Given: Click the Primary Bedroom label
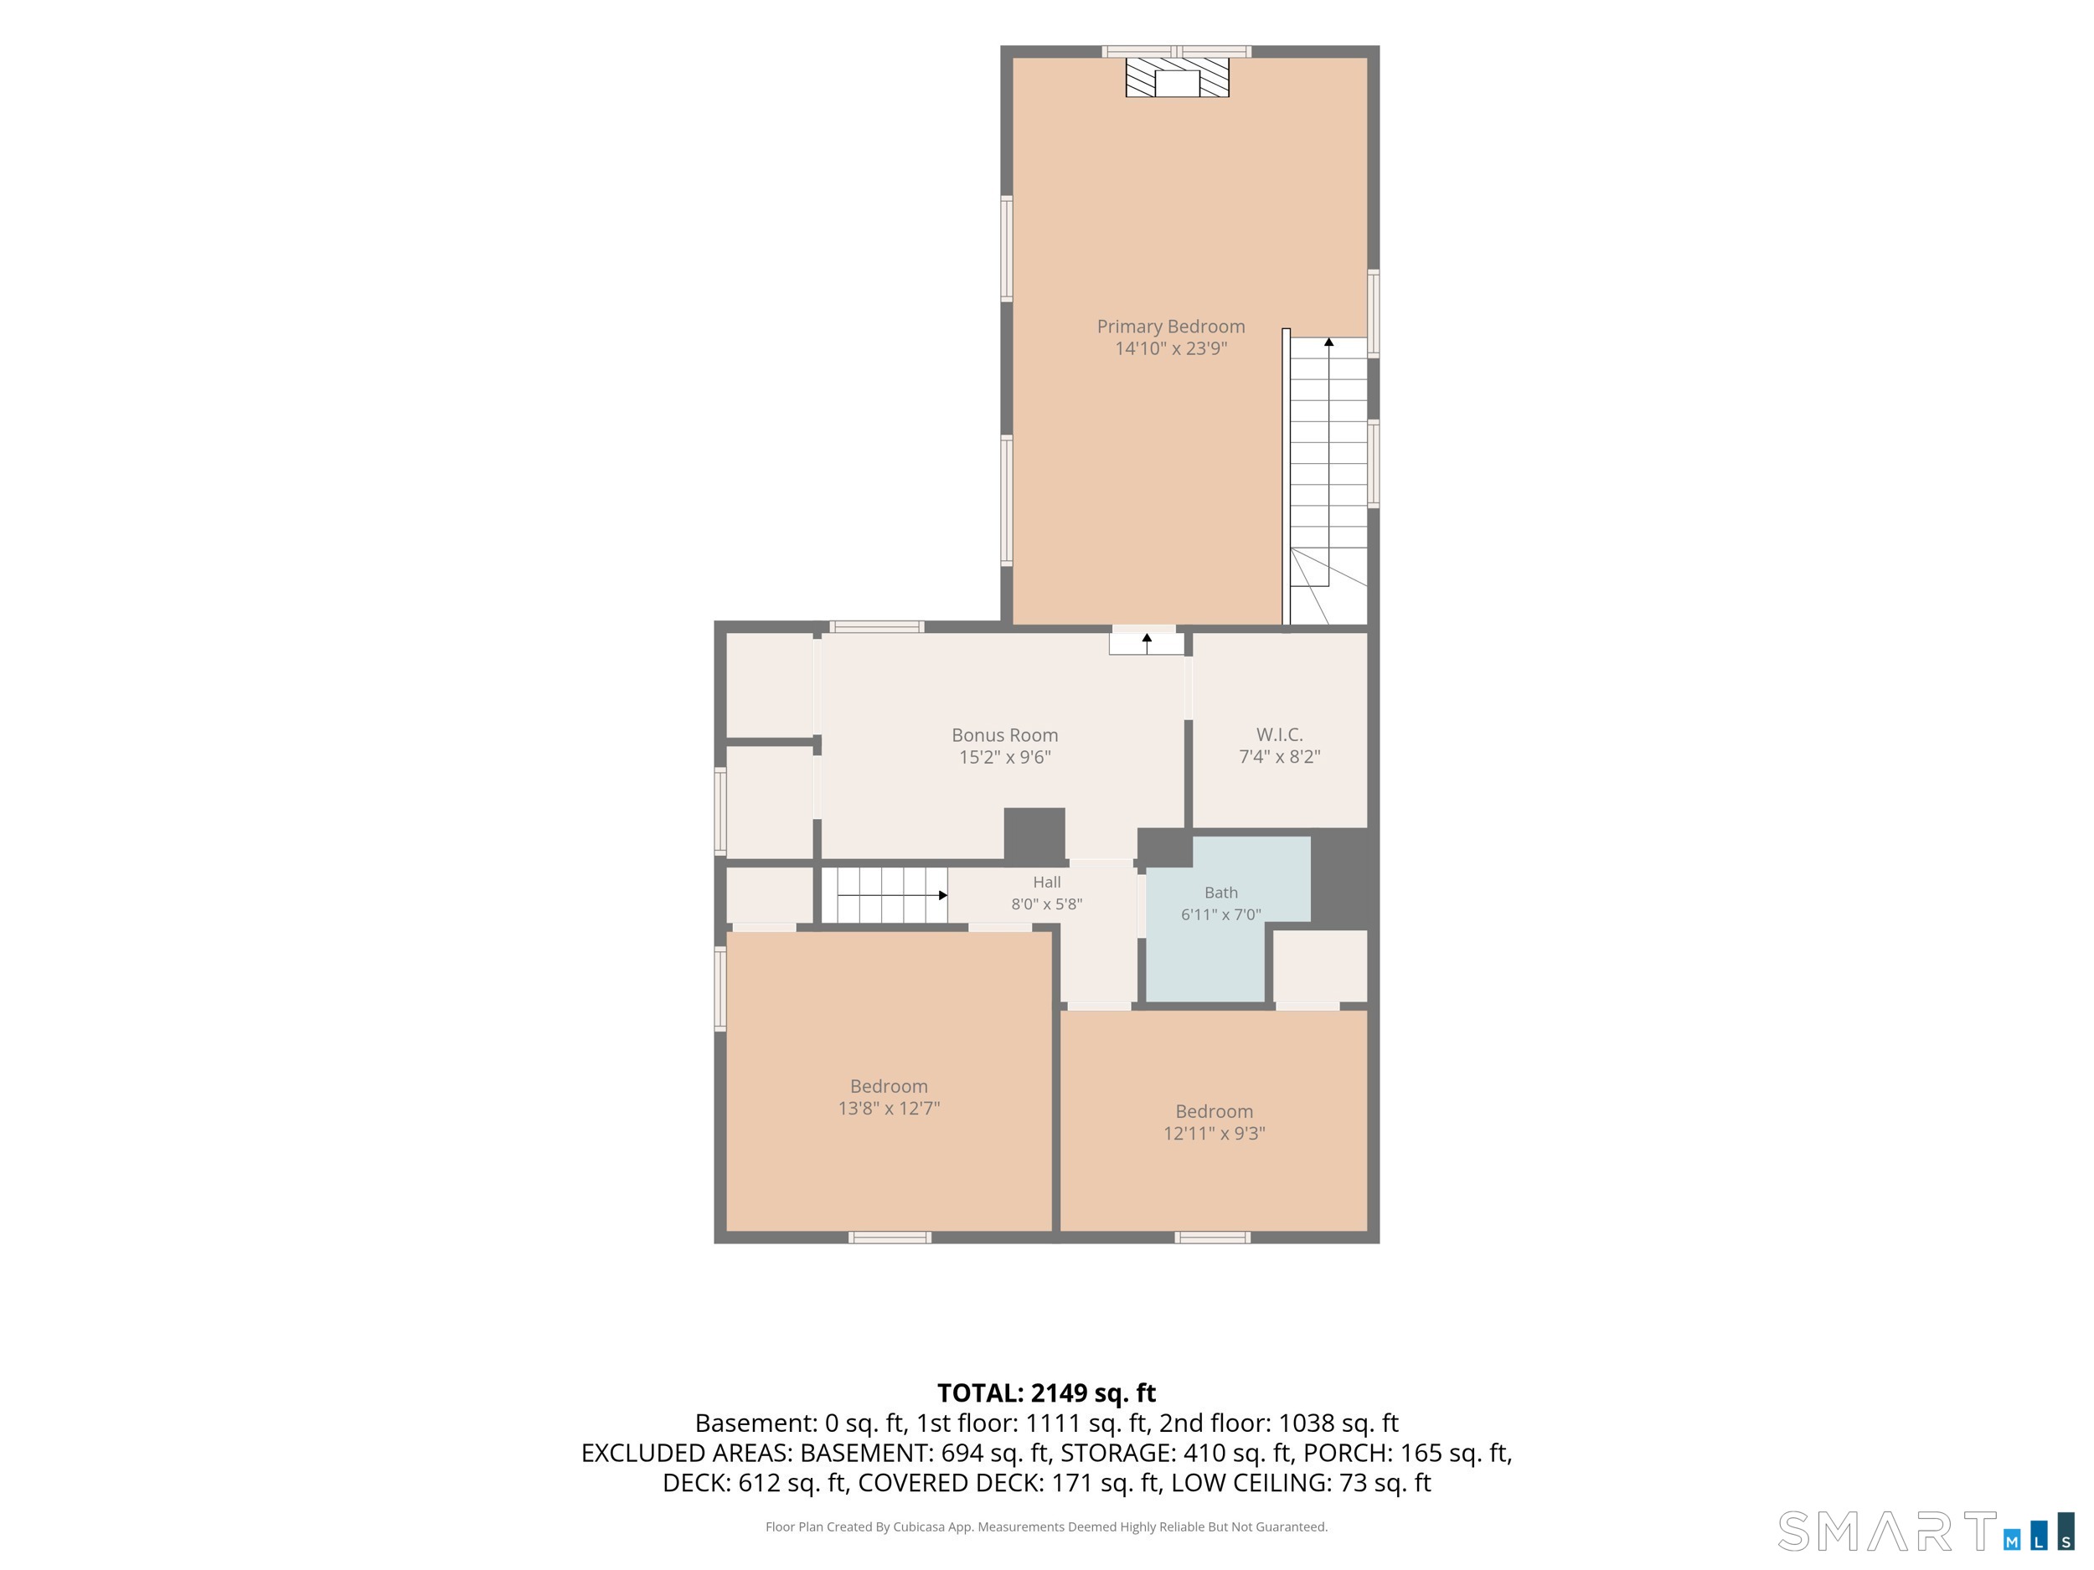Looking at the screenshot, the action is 1171,327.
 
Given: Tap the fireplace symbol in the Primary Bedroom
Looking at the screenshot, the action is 1177,78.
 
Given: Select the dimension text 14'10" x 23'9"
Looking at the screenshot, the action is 1171,348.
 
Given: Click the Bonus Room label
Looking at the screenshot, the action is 1004,735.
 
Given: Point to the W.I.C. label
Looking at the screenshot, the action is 1279,734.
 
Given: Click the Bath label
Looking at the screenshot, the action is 1221,893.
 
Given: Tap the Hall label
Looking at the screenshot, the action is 1047,882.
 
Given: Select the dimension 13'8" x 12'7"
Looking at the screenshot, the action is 889,1108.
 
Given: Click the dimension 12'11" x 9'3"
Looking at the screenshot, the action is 1215,1134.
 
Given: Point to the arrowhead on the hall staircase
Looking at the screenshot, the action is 943,895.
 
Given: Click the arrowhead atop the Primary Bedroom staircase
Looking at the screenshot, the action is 1329,342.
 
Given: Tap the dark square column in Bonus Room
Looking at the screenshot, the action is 1034,834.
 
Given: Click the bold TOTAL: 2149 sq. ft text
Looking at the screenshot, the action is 1046,1393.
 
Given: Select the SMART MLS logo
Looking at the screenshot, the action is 1926,1531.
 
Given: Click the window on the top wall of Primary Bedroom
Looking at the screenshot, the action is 1177,51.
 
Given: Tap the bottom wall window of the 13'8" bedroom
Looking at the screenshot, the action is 890,1238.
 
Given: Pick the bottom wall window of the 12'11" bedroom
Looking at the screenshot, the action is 1213,1238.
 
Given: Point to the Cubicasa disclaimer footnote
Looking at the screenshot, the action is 1046,1526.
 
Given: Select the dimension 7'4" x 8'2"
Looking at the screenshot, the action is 1280,756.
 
